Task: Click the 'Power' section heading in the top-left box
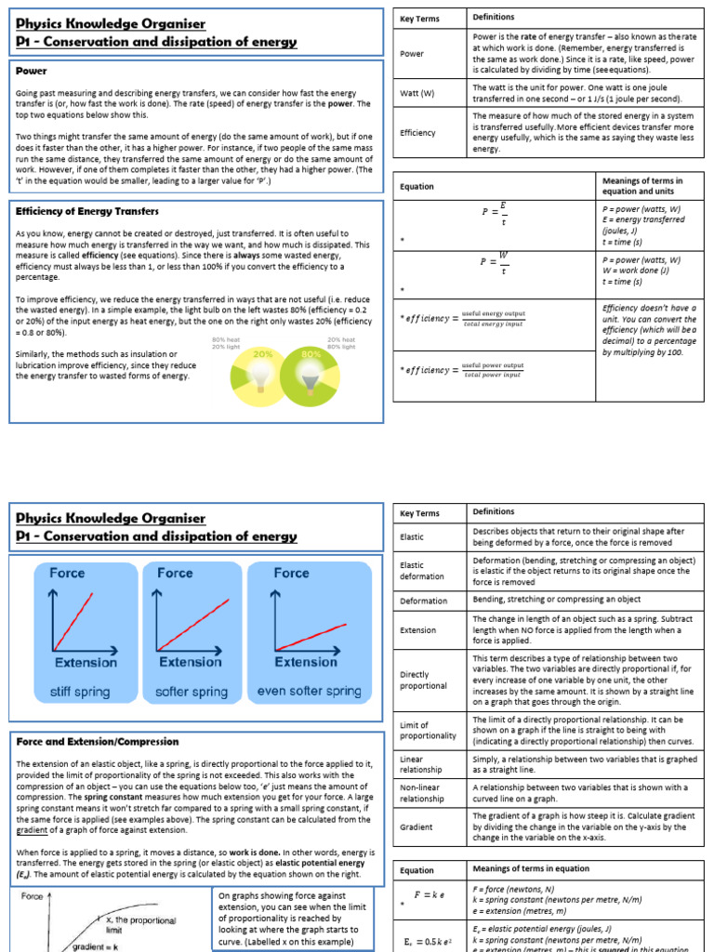click(x=32, y=70)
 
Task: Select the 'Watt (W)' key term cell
click(x=417, y=93)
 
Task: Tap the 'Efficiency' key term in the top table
click(x=417, y=133)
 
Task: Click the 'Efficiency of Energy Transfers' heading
click(x=87, y=211)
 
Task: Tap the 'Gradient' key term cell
click(x=416, y=826)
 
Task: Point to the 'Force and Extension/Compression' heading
click(x=98, y=742)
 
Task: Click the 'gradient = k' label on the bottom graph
click(x=99, y=946)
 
